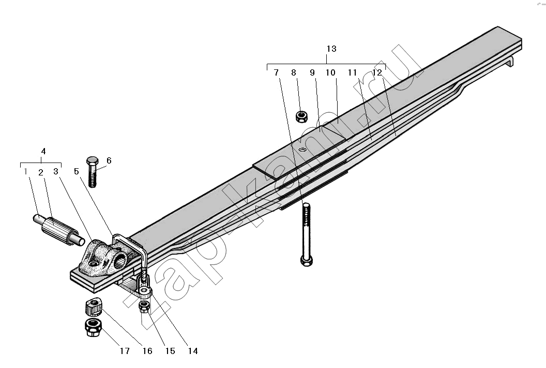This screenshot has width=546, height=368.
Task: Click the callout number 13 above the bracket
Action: point(331,49)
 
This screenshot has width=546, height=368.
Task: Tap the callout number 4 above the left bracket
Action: point(43,151)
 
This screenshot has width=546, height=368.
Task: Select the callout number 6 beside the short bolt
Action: point(109,160)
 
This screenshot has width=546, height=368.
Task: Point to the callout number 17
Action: point(125,351)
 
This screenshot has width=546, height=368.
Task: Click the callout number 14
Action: point(192,351)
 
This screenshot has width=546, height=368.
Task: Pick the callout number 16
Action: point(147,351)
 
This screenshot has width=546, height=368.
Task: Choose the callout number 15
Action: point(170,351)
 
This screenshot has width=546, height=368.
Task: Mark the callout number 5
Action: point(76,171)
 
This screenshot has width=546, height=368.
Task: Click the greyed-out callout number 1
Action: point(25,171)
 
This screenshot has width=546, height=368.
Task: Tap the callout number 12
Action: point(377,72)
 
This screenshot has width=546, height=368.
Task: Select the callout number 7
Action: point(276,72)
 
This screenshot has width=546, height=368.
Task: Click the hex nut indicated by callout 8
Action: point(301,116)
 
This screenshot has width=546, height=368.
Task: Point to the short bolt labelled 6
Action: point(92,172)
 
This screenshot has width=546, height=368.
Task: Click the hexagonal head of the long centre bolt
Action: point(307,260)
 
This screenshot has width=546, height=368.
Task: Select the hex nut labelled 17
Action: point(93,327)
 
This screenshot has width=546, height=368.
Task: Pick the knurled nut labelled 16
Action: point(93,306)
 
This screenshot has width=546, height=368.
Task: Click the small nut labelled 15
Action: point(144,306)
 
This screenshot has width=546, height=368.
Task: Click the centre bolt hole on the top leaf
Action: point(302,150)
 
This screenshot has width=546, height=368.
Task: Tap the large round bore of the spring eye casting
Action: point(120,260)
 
